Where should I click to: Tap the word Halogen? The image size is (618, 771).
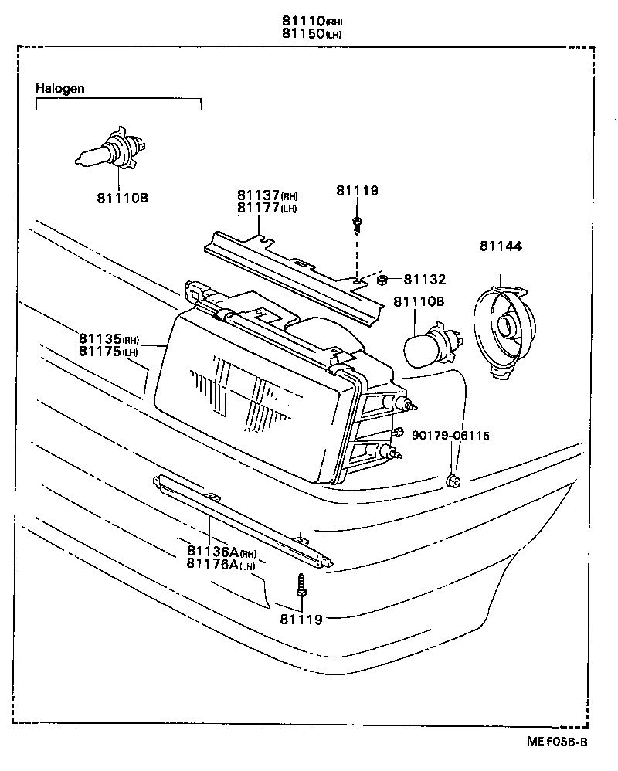[x=59, y=89]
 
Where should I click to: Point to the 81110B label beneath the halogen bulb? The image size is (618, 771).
[x=122, y=199]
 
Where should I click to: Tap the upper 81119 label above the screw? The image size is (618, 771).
[x=357, y=190]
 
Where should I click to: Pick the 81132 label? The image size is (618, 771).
[x=424, y=280]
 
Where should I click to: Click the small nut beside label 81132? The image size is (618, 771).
[x=384, y=280]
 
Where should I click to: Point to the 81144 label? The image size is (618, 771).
[x=501, y=246]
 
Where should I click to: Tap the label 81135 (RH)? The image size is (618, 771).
[x=107, y=338]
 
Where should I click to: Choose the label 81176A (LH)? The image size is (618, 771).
[x=221, y=564]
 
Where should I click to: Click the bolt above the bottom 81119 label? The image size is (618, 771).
[x=301, y=587]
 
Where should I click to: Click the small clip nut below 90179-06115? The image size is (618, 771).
[x=454, y=482]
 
